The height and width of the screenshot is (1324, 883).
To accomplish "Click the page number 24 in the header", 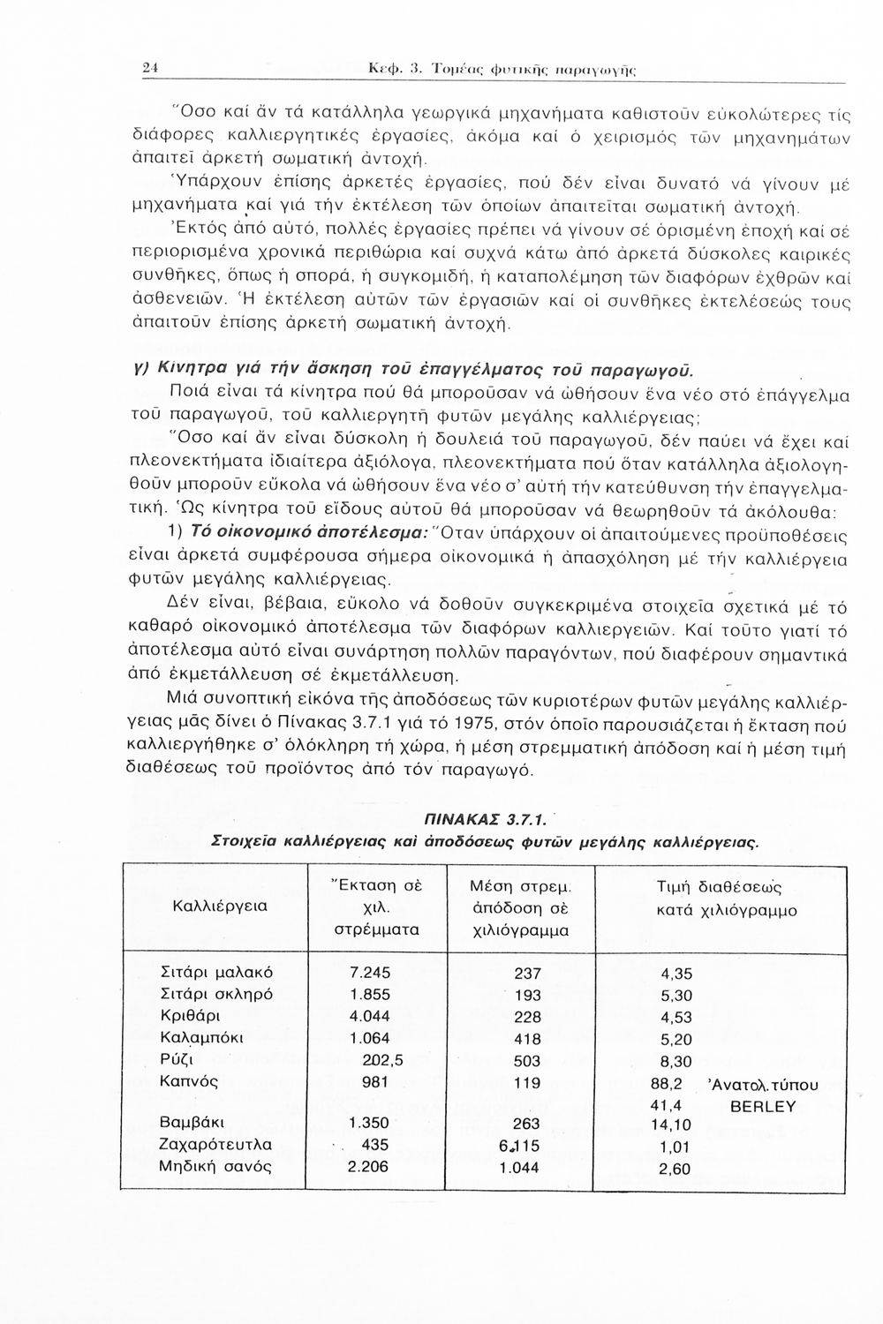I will coord(150,67).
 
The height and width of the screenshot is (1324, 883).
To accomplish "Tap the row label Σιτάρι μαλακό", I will coord(216,973).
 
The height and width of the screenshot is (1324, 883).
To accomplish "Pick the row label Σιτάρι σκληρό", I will coord(216,995).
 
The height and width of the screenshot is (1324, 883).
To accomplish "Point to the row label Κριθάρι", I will coord(188,1016).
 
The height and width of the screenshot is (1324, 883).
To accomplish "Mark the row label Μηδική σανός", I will coord(215,1166).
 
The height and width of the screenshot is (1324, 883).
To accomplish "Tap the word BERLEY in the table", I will coord(763,1106).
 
